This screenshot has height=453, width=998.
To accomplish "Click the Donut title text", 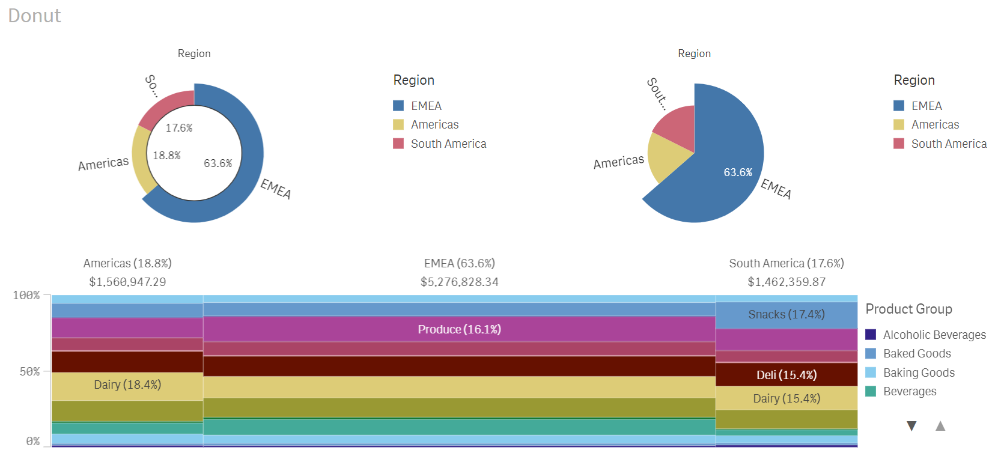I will (34, 16).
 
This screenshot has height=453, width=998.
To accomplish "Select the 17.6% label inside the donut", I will (179, 128).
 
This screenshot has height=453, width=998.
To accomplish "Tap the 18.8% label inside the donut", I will (166, 156).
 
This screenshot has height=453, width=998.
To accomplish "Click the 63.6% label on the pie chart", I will (738, 172).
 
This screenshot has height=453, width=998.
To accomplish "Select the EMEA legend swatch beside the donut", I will (398, 106).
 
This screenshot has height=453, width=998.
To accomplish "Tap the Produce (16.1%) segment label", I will (459, 329).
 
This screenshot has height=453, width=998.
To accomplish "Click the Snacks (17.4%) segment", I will (786, 315).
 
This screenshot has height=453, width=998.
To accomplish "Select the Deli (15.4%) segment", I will (786, 375).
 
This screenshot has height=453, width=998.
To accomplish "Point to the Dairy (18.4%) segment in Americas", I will (127, 385).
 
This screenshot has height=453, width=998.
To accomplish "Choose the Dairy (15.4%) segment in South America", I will (786, 398).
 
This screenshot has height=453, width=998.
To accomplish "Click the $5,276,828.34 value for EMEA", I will (459, 282).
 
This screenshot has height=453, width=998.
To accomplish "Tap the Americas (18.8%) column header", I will (127, 263).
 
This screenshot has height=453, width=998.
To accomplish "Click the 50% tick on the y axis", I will (29, 371).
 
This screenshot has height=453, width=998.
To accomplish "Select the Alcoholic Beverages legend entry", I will (934, 335).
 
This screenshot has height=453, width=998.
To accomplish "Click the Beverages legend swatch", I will (871, 392).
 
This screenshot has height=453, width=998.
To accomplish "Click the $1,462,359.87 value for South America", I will (786, 282).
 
